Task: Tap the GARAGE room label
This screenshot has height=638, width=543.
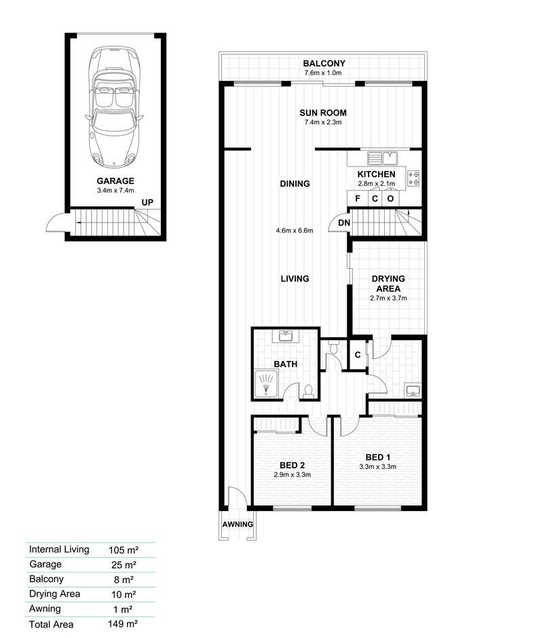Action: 115,181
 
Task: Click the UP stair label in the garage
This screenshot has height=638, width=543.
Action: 147,202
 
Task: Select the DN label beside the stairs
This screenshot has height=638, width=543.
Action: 344,223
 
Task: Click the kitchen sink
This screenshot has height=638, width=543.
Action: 382,159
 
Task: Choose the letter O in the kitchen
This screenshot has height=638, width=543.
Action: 390,199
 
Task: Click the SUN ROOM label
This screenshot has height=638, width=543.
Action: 324,113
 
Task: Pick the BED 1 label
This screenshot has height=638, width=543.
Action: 377,456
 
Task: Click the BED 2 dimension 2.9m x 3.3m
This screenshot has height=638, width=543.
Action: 292,474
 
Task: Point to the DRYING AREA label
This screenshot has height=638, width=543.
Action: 388,284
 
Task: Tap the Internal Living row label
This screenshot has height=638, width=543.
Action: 59,549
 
